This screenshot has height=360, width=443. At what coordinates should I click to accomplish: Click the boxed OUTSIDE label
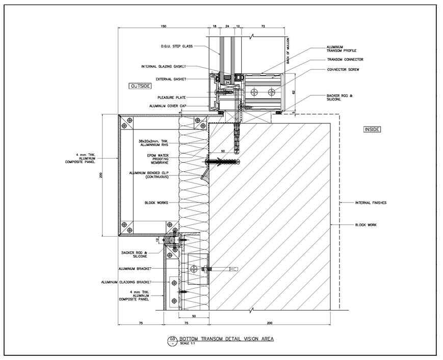coord(140,86)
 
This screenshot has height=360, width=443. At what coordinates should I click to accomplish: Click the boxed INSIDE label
coord(371,130)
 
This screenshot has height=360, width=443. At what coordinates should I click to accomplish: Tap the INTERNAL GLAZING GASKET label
coord(164,66)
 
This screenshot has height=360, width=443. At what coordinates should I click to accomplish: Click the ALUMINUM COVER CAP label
coord(168,106)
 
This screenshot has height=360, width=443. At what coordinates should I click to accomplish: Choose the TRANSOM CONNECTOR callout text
coord(345,59)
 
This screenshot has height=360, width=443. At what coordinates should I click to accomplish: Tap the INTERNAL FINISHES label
coord(370,203)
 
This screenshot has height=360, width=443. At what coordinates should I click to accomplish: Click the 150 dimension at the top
coord(163,25)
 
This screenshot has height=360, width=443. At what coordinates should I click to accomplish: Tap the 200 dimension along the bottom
coord(269,323)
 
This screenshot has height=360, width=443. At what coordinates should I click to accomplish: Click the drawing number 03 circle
coord(171,339)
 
